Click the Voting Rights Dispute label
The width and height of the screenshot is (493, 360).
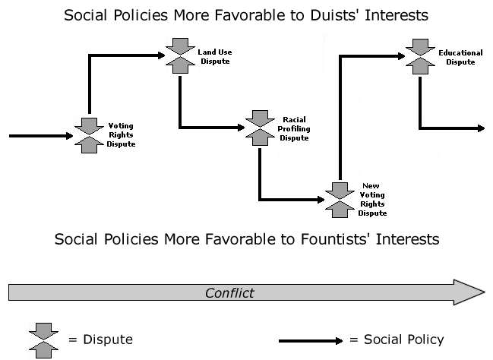[122, 134]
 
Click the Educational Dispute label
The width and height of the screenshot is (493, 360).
[460, 57]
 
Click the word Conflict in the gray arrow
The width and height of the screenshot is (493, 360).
[230, 292]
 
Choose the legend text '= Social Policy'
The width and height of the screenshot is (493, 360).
[396, 339]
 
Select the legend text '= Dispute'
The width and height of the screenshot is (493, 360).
[100, 339]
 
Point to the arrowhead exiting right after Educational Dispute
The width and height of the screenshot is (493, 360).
[479, 128]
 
